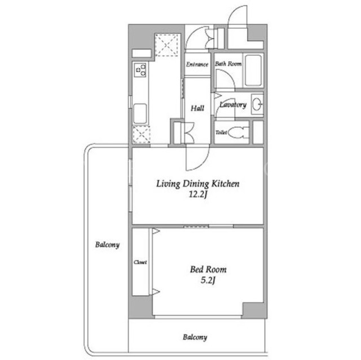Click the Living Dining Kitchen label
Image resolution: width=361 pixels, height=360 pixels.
point(198,184)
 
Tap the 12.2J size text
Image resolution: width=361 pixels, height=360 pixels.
point(198,195)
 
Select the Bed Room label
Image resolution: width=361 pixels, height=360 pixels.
point(208,269)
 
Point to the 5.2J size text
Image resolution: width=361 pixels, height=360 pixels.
point(208,280)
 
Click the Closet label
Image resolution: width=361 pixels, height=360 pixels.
point(140,262)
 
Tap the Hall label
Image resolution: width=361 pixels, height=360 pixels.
point(197,108)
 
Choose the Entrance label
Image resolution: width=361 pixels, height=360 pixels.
point(197,64)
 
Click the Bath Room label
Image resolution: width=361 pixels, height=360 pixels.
point(228,64)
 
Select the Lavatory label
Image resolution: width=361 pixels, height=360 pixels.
point(233,105)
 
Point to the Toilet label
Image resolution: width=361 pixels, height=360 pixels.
point(221,132)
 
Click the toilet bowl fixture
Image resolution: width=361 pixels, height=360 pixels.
point(238,132)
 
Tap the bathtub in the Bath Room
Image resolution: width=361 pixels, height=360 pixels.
point(253,70)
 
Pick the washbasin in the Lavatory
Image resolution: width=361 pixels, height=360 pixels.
point(257,105)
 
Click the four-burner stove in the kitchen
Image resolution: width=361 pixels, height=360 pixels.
point(140,70)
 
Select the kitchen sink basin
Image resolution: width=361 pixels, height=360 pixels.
point(140,114)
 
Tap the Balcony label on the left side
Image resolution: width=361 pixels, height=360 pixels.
point(108,245)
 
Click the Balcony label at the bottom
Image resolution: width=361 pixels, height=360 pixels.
point(195,337)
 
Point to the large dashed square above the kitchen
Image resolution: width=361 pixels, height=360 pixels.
point(166,45)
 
